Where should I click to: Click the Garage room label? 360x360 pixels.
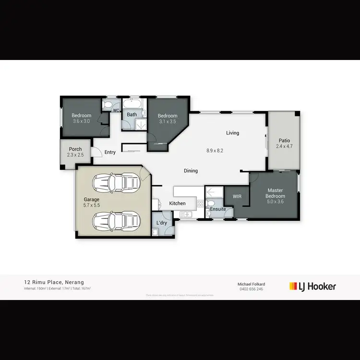(x=92, y=200)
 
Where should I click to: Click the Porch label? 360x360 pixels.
(x=75, y=149)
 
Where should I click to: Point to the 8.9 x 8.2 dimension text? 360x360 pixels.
(x=215, y=150)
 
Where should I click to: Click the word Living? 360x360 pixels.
(x=233, y=133)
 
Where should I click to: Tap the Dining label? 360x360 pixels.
(x=191, y=171)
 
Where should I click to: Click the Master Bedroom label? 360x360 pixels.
(x=276, y=193)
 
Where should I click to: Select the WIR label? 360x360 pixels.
(x=237, y=196)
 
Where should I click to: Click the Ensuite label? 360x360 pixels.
(x=217, y=209)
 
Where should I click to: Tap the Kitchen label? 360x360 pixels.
(x=177, y=204)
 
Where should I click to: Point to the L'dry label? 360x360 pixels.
(x=162, y=223)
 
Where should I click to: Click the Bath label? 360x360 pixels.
(x=132, y=115)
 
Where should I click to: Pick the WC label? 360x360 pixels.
(x=116, y=111)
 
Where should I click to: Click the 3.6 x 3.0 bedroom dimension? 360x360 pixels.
(x=82, y=121)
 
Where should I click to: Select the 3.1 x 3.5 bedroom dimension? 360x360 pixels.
(x=168, y=122)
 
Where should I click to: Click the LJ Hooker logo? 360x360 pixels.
(x=312, y=287)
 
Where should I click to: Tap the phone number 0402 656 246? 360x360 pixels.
(x=252, y=289)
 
